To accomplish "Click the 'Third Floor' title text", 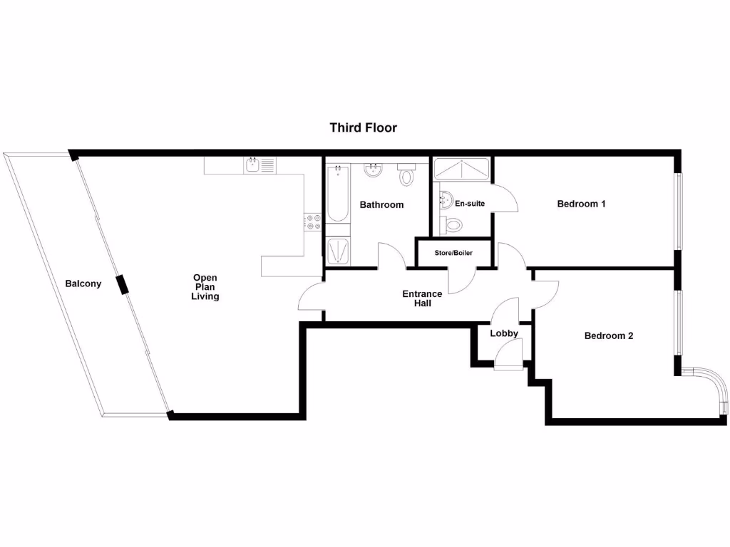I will click(x=363, y=128).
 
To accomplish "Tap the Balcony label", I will click(x=83, y=283).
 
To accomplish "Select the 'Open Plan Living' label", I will click(x=205, y=287).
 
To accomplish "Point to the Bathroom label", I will click(x=381, y=204).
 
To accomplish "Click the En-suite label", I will click(x=470, y=204).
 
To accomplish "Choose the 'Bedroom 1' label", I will click(x=581, y=204).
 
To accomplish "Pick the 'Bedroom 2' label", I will click(x=609, y=335).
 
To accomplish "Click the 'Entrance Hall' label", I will click(x=422, y=298).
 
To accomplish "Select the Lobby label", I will click(x=504, y=333).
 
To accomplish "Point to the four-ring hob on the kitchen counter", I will click(x=312, y=222).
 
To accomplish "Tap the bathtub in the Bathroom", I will click(x=338, y=193).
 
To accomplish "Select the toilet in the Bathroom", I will click(x=406, y=174).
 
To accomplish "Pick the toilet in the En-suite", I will click(x=452, y=225).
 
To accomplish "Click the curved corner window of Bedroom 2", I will click(x=714, y=387).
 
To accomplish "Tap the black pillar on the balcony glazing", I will click(x=123, y=284).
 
